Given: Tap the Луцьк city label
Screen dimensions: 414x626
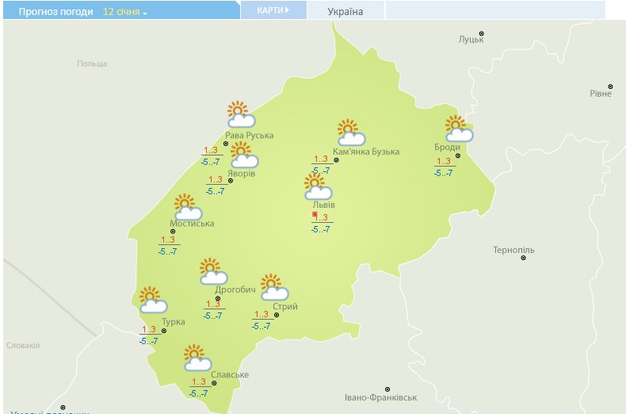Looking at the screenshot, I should (471, 40).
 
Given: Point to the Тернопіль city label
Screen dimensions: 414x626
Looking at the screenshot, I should (513, 251).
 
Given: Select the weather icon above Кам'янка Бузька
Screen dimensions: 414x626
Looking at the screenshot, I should (350, 132).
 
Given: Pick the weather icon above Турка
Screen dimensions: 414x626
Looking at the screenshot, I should (152, 300).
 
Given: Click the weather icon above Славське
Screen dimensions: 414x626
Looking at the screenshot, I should (197, 358).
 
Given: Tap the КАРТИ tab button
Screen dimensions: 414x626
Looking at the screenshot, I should (272, 10).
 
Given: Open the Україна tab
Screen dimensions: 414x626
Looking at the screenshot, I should (345, 12).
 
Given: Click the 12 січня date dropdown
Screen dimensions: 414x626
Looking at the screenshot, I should (125, 13).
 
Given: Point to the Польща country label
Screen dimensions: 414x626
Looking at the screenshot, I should (92, 63).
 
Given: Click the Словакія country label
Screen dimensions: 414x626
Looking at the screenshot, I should (23, 346).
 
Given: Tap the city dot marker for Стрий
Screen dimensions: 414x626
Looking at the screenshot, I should (277, 315).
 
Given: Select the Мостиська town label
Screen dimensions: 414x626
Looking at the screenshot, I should (192, 224).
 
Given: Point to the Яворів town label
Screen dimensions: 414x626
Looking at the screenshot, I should (241, 173).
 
